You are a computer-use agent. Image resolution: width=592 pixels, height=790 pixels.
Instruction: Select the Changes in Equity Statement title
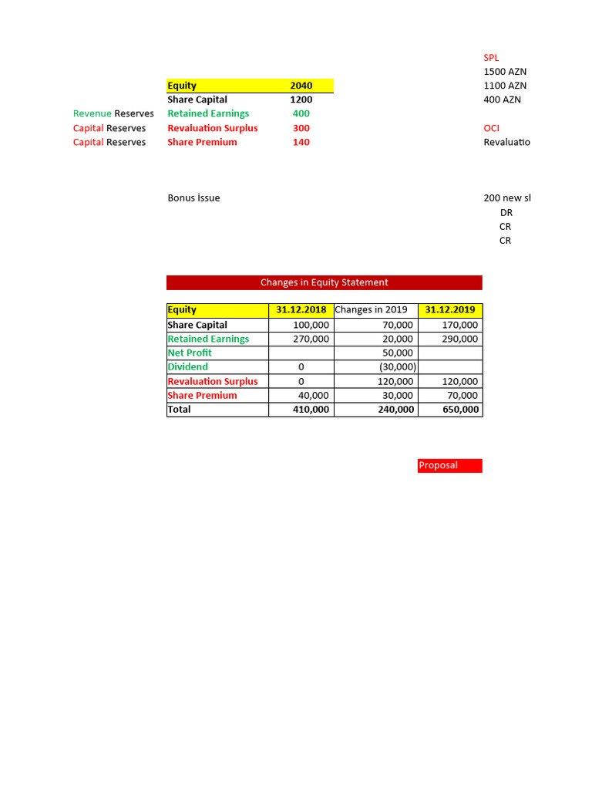(324, 282)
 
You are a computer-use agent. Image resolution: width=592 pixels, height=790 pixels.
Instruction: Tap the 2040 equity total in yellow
(301, 86)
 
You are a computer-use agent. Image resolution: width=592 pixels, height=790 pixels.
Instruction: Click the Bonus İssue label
(193, 197)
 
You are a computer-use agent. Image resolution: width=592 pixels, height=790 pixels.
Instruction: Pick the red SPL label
(491, 58)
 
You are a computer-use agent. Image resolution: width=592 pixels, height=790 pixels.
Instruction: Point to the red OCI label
(491, 128)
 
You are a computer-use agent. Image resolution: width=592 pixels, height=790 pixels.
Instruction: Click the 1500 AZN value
(505, 72)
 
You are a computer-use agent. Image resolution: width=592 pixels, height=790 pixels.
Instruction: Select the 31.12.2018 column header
(301, 310)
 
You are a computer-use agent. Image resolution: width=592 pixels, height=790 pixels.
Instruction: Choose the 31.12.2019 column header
(450, 310)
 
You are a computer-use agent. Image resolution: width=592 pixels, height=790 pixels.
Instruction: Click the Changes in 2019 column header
(372, 310)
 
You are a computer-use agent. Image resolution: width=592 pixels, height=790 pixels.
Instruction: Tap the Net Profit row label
(190, 353)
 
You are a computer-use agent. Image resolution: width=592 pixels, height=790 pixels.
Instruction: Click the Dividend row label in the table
(188, 367)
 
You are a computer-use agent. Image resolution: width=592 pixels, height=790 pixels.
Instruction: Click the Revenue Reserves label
(113, 113)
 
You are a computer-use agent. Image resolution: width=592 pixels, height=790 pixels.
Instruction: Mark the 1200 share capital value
(301, 100)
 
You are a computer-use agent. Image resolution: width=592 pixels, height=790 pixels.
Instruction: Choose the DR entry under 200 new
(506, 212)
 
